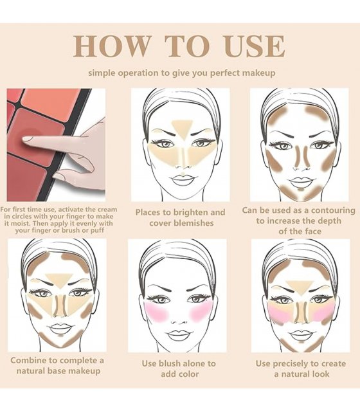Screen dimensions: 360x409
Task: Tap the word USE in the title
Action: (254, 46)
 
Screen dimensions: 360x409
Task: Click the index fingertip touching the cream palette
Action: (26, 138)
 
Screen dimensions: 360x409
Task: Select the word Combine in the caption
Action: (28, 361)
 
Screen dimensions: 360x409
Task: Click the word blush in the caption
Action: (170, 363)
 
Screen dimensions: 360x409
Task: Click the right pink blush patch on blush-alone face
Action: (200, 311)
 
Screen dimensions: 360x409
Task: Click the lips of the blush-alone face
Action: (179, 335)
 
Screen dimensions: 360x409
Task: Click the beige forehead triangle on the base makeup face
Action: (59, 280)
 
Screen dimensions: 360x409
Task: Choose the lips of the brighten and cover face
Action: (183, 180)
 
